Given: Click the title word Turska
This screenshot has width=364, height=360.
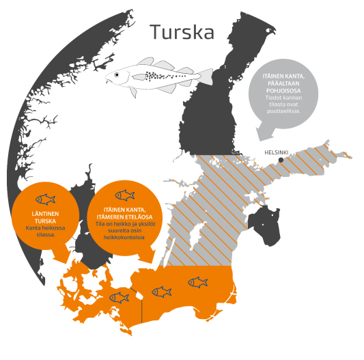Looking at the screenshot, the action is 182,31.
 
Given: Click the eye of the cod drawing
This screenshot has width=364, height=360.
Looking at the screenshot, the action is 120,74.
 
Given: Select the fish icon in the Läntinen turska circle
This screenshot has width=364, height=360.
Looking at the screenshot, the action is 45,199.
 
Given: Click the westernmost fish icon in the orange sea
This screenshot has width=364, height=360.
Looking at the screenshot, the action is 120,297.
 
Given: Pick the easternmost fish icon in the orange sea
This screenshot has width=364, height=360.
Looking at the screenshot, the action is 197,281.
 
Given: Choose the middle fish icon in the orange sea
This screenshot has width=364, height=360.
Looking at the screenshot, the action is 162,292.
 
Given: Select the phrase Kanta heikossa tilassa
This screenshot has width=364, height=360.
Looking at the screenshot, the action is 44,230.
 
